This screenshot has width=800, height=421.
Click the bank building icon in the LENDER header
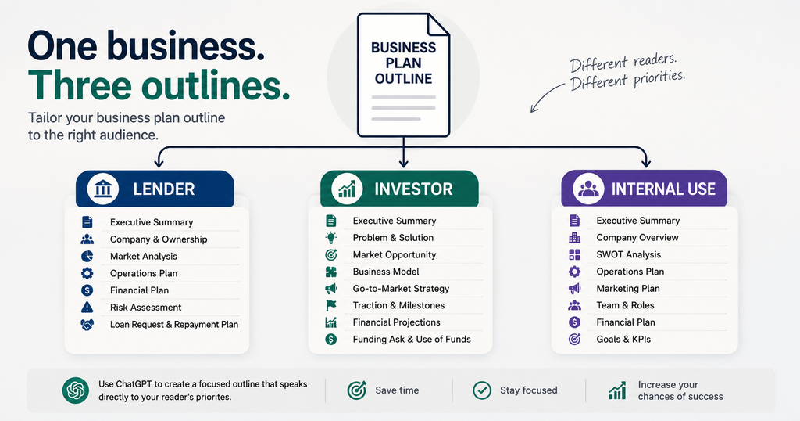click(x=103, y=189)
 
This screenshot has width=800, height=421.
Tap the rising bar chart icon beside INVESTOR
click(x=347, y=189)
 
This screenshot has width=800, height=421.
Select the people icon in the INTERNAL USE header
click(x=588, y=189)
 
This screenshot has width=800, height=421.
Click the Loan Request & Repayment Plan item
click(x=174, y=325)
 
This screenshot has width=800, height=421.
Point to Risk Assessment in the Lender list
click(x=146, y=307)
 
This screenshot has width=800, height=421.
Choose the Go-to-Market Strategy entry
click(x=401, y=288)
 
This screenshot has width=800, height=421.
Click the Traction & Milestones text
click(x=398, y=305)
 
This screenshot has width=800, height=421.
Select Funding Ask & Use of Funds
click(x=412, y=339)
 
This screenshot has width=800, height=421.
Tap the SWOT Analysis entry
click(x=629, y=254)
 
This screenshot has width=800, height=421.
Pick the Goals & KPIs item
click(x=623, y=339)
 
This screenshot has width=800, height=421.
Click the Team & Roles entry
click(x=626, y=305)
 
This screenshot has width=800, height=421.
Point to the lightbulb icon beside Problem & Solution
click(x=331, y=238)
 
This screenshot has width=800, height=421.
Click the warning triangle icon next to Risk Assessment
click(x=87, y=307)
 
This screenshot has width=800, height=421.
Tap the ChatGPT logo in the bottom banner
click(x=76, y=390)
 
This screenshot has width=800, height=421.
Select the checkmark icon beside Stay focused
click(x=481, y=390)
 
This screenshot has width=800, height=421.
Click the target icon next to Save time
click(x=356, y=390)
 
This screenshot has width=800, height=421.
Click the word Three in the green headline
click(x=79, y=85)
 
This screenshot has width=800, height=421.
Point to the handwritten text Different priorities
click(x=627, y=81)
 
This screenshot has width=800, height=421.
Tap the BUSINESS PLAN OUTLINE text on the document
click(x=404, y=63)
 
